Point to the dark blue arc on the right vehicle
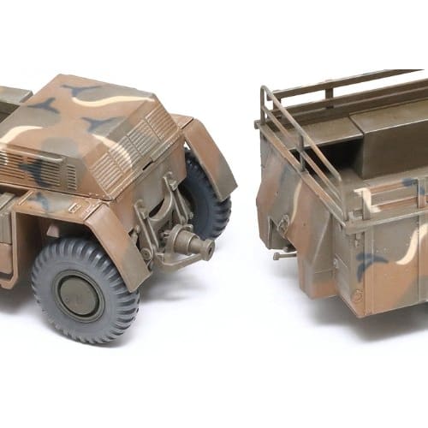coord(372,262)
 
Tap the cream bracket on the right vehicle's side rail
coord(366,201)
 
